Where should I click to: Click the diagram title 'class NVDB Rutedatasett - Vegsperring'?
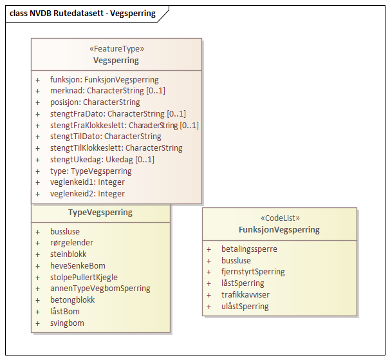pyautogui.click(x=83, y=13)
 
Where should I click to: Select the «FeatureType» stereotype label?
pyautogui.click(x=116, y=49)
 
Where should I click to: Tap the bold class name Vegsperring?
pyautogui.click(x=116, y=61)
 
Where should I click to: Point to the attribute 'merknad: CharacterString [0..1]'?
pyautogui.click(x=107, y=91)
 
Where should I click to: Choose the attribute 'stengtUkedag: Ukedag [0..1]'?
pyautogui.click(x=102, y=160)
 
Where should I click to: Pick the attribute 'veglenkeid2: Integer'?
pyautogui.click(x=88, y=194)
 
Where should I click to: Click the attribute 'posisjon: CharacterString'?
pyautogui.click(x=95, y=102)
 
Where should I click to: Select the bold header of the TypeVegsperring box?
pyautogui.click(x=100, y=213)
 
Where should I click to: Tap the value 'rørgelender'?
pyautogui.click(x=72, y=243)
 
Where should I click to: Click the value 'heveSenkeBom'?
pyautogui.click(x=78, y=266)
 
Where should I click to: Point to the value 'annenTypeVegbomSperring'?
pyautogui.click(x=100, y=289)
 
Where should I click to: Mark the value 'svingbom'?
pyautogui.click(x=67, y=323)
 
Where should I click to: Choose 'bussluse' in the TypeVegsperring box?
pyautogui.click(x=66, y=231)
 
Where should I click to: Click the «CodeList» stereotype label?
pyautogui.click(x=279, y=218)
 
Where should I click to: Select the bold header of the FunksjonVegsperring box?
pyautogui.click(x=279, y=230)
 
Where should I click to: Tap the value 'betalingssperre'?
pyautogui.click(x=250, y=249)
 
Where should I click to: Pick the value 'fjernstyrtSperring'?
pyautogui.click(x=253, y=272)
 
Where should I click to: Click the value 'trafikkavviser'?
pyautogui.click(x=245, y=295)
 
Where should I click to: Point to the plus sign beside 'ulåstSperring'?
pyautogui.click(x=209, y=307)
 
